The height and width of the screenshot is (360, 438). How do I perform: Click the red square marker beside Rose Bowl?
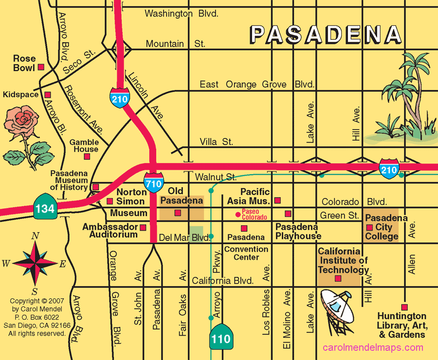(41, 66)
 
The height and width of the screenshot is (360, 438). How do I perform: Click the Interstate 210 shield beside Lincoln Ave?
(119, 97)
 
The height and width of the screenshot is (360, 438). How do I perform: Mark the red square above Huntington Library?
(404, 306)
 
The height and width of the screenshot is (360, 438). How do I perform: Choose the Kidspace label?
(20, 94)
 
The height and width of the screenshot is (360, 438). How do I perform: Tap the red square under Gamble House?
(87, 157)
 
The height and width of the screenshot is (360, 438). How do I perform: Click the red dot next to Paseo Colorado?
(237, 214)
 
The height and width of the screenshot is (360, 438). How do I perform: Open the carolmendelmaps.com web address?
(373, 347)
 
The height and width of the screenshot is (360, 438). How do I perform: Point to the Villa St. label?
(216, 142)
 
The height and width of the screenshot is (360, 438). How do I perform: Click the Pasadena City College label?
(383, 227)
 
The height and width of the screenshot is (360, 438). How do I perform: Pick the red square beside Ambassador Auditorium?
(143, 227)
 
